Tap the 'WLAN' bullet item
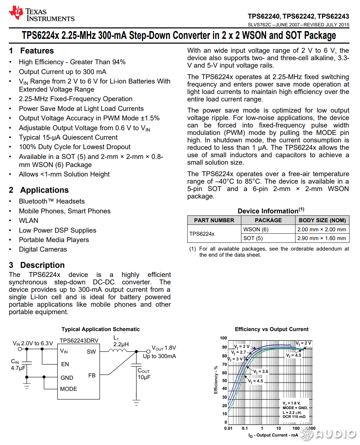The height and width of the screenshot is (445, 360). (28, 220)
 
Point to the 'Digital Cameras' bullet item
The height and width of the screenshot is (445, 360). (43, 249)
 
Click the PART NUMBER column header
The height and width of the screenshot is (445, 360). (214, 220)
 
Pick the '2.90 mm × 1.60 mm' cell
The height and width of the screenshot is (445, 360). (321, 238)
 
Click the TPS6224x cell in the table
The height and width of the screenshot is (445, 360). (202, 234)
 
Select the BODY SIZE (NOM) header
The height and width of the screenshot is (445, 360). (322, 220)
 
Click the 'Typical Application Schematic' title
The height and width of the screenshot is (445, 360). (100, 329)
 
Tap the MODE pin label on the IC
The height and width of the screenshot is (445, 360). (69, 389)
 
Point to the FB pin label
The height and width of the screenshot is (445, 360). (92, 375)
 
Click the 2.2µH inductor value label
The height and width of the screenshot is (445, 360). (121, 344)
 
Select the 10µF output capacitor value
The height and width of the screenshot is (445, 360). (144, 377)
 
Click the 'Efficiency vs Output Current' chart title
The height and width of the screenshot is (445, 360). (271, 329)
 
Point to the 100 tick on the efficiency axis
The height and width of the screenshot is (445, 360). (223, 338)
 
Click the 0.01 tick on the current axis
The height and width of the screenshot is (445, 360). (228, 428)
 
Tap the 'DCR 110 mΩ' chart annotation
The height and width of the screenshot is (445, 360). (294, 417)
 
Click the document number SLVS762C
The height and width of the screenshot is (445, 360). (259, 25)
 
